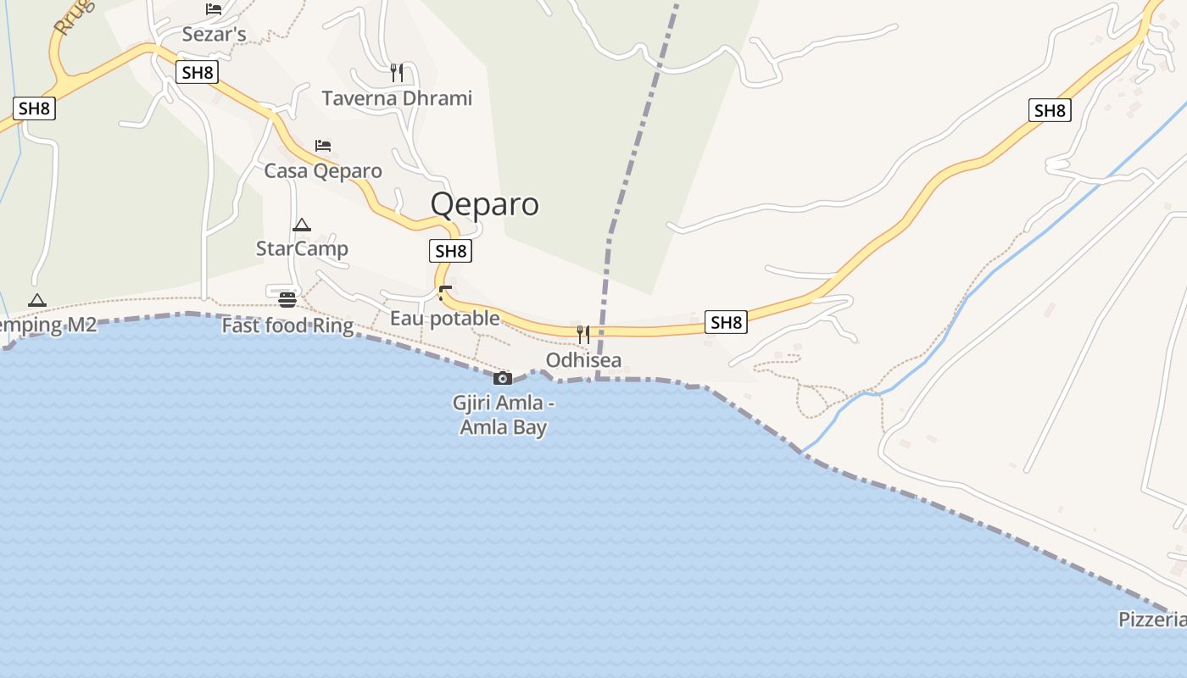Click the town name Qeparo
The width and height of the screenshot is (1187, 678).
point(484,204)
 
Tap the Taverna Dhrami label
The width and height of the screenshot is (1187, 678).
point(397,98)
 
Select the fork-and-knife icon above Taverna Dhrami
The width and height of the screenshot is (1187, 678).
point(397,72)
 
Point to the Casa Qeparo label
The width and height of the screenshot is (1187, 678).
point(323,171)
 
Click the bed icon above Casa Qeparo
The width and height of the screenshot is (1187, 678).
point(323,146)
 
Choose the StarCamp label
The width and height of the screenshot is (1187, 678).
point(302,249)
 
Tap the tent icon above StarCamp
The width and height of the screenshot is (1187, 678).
point(302,225)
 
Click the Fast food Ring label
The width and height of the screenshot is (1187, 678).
point(287,325)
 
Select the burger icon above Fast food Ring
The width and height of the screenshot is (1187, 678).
point(287,299)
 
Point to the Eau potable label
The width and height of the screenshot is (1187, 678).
point(445,319)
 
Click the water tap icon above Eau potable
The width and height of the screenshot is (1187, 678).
point(445,293)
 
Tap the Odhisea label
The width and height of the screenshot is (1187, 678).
point(583,360)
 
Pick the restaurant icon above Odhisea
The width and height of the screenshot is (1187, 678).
point(583,334)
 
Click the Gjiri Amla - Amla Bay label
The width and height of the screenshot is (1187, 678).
point(504,415)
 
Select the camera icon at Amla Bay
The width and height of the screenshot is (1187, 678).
point(503,378)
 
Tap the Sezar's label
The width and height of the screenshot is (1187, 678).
point(214,35)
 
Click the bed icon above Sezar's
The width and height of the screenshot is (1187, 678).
point(214,9)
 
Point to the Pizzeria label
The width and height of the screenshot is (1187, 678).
point(1152,620)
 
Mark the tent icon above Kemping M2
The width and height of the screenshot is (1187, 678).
point(36,300)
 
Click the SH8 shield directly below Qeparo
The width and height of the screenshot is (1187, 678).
point(450,251)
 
